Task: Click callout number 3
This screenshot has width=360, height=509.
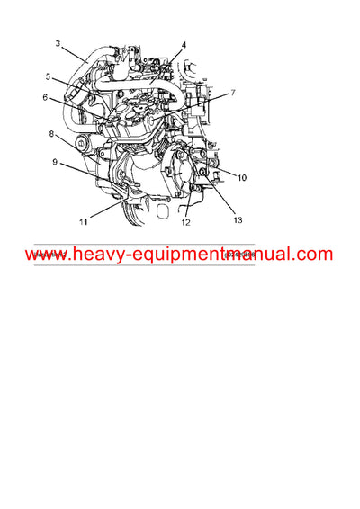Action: pos(58,43)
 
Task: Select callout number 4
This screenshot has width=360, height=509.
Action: pos(184,44)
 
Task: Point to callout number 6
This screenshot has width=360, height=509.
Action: pos(45,97)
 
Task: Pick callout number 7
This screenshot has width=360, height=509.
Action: pos(232,93)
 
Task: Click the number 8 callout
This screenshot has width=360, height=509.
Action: pos(51,134)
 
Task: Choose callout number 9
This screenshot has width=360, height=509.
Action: pos(55,163)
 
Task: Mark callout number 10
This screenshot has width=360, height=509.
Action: pos(242,178)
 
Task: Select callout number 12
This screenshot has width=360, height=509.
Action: pos(186,221)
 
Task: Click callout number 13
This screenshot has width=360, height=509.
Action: pos(238,219)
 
